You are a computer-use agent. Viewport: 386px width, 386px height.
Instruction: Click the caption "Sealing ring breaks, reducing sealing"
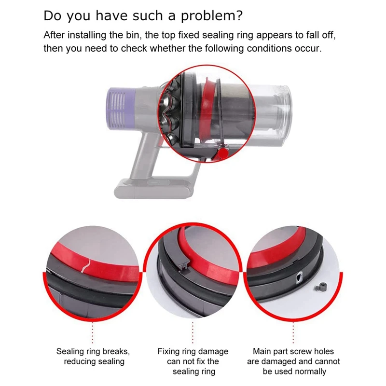[93, 356]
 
